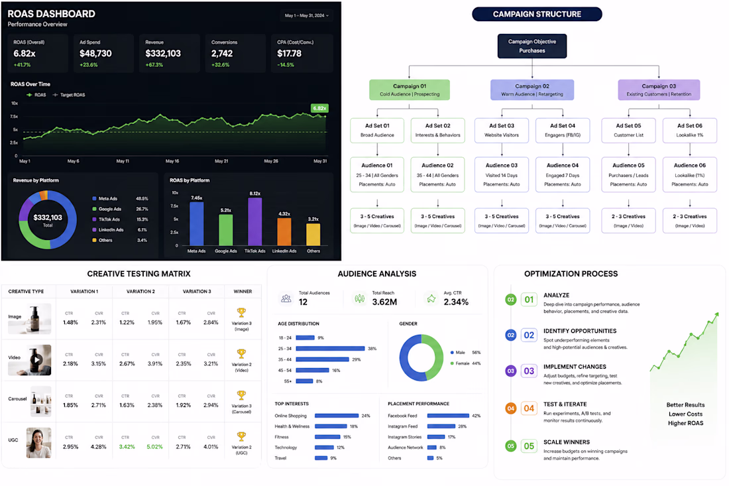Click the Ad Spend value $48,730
pyautogui.click(x=95, y=54)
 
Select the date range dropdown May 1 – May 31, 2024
pyautogui.click(x=306, y=15)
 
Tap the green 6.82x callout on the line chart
pyautogui.click(x=319, y=108)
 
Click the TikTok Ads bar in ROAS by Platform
pyautogui.click(x=254, y=221)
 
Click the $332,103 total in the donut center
pyautogui.click(x=48, y=217)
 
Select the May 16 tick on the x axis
pyautogui.click(x=172, y=161)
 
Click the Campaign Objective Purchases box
pyautogui.click(x=532, y=46)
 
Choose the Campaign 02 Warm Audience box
pyautogui.click(x=532, y=90)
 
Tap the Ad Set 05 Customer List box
pyautogui.click(x=628, y=130)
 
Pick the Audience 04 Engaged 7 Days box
pyautogui.click(x=562, y=174)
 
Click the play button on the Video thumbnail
pyautogui.click(x=36, y=359)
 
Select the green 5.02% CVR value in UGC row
pyautogui.click(x=155, y=447)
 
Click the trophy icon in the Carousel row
pyautogui.click(x=241, y=395)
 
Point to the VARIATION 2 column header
pyautogui.click(x=140, y=292)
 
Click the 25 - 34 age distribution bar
pyautogui.click(x=330, y=348)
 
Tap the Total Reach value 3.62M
pyautogui.click(x=384, y=302)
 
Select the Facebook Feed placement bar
pyautogui.click(x=448, y=416)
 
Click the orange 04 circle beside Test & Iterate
pyautogui.click(x=510, y=408)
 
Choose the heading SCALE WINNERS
pyautogui.click(x=566, y=442)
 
